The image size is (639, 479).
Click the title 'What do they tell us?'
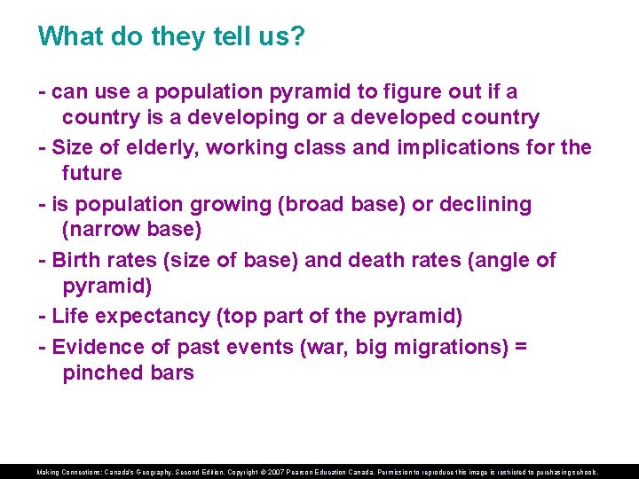tap(171, 36)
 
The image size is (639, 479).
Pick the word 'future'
tap(92, 173)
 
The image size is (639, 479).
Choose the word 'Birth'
tap(76, 260)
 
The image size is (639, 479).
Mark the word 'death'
tap(383, 260)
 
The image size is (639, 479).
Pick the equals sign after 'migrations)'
tap(519, 346)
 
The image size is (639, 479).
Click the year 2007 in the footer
tap(278, 473)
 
